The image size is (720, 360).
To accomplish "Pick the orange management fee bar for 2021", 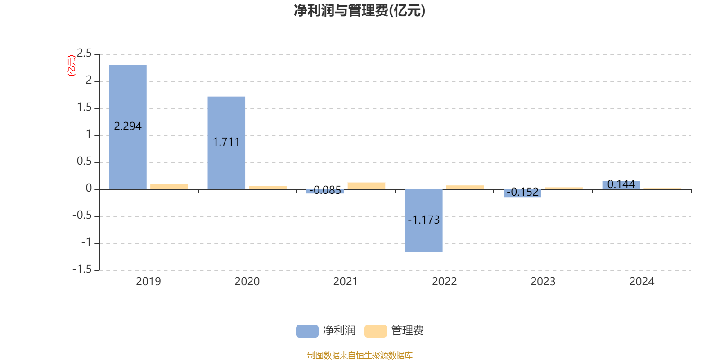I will point(366,185).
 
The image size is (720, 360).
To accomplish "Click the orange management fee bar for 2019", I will point(169,186).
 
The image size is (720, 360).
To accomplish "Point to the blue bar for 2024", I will point(621,185).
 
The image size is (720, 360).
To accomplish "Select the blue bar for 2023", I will point(522,193).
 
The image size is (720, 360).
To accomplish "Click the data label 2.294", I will point(128,126).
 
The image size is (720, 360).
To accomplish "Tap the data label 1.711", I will point(226,142).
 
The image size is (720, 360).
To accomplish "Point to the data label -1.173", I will point(423,220).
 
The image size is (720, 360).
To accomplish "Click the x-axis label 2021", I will point(346,282).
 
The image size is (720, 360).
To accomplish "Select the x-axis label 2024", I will point(642,282).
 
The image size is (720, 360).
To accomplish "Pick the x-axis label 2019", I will point(148,282).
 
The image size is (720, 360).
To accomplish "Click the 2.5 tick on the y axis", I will point(84,54).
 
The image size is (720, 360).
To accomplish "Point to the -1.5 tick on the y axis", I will point(82,270).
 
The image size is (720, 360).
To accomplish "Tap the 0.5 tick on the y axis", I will point(84,162).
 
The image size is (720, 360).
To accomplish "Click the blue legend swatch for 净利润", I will point(307,331).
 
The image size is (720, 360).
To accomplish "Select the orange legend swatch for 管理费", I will point(375,331).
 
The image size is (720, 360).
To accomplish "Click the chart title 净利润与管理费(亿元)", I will point(360,10).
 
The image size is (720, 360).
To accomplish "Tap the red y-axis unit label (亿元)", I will point(71,66).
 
